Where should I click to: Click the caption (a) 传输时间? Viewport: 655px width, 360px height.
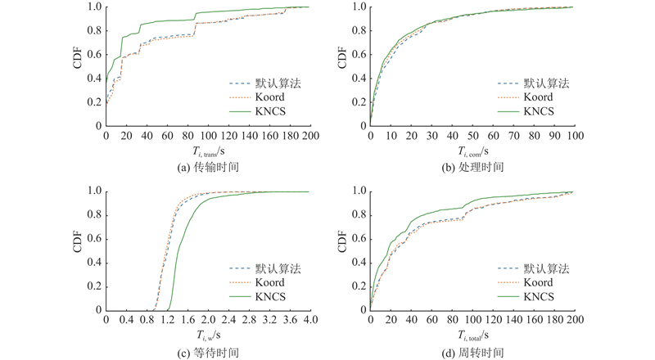pos(207,167)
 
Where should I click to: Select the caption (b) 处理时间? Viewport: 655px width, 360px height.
pos(472,167)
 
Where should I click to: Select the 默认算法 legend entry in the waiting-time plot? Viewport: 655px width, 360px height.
pos(276,268)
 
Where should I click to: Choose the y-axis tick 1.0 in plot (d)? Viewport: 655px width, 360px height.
pos(359,191)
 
